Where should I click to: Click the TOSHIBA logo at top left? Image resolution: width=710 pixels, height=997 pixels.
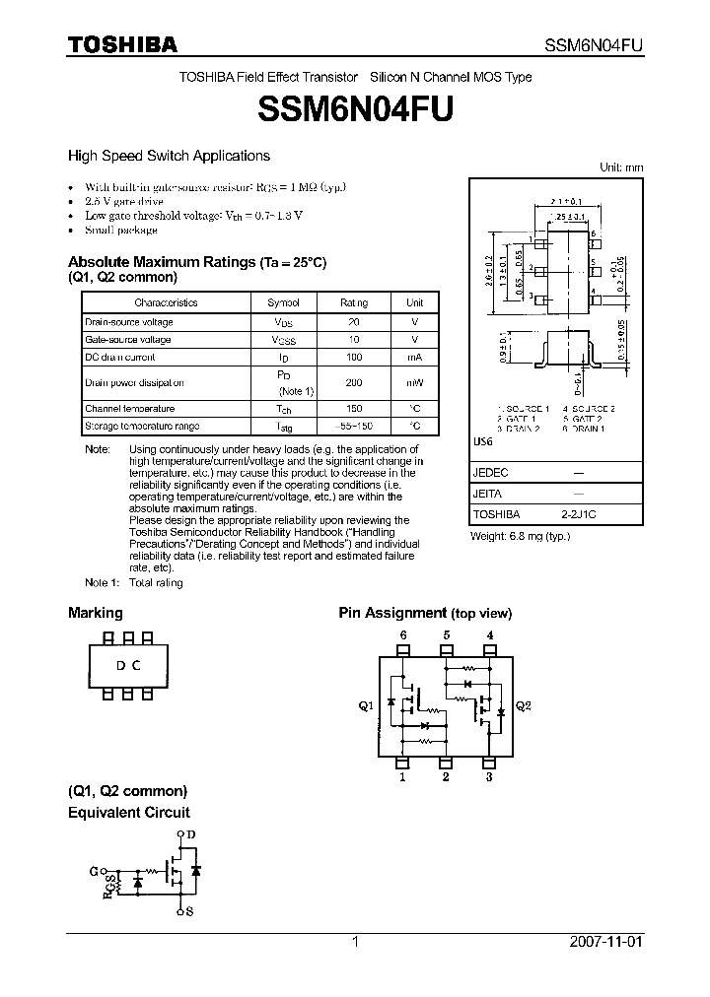(x=122, y=45)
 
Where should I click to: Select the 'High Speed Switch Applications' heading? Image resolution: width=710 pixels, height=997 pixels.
(x=169, y=156)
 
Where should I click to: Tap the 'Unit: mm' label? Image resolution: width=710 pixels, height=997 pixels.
(x=621, y=167)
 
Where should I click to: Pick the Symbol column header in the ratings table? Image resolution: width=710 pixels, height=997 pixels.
(x=283, y=303)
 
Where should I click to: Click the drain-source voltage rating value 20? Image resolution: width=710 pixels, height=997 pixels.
(x=354, y=322)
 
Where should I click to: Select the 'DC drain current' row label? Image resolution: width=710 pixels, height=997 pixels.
(x=119, y=357)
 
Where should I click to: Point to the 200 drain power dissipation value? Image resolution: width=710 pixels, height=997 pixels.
(x=354, y=382)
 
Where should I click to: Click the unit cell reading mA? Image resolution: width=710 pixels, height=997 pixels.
(x=414, y=357)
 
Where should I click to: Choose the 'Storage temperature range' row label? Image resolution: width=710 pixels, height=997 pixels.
(x=142, y=426)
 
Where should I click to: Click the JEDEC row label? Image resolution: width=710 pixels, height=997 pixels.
(x=490, y=472)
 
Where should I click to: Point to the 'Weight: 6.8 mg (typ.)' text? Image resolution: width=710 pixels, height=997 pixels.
(x=520, y=536)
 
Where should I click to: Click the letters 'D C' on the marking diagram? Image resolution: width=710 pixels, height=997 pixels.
(x=128, y=666)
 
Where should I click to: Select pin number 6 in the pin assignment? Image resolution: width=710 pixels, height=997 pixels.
(x=402, y=634)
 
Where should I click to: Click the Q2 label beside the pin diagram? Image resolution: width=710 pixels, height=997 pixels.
(x=523, y=706)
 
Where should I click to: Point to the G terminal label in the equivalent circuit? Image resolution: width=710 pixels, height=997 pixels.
(x=93, y=871)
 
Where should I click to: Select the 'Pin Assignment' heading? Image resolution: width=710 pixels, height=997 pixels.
(x=392, y=613)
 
